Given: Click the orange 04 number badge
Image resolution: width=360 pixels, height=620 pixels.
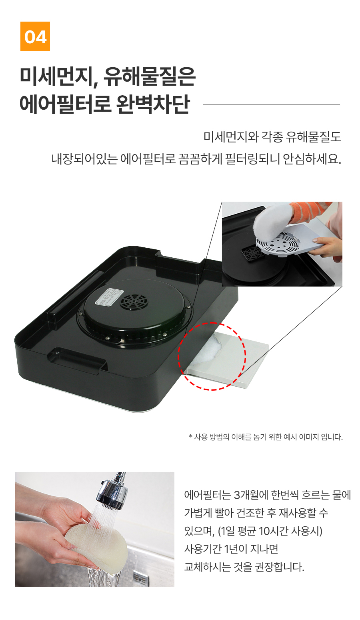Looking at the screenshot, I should coord(35,36).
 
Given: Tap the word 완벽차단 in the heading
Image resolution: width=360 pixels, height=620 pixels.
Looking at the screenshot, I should coord(153,104).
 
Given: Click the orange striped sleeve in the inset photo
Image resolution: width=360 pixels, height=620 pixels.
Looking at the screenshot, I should coord(310,212).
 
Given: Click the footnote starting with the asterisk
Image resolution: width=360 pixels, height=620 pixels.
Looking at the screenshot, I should coord(266,437).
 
